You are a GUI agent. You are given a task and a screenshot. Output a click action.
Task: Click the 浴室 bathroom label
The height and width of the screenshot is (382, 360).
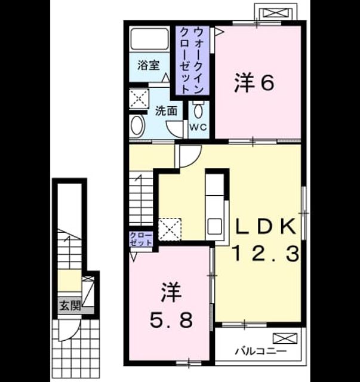[x=149, y=65]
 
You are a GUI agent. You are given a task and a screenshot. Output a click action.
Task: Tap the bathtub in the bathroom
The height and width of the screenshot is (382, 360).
[x=150, y=39]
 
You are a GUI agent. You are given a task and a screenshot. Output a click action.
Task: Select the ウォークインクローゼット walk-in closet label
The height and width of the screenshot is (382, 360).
[x=192, y=60]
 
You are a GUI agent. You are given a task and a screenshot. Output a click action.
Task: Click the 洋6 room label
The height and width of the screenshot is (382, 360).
[x=254, y=84]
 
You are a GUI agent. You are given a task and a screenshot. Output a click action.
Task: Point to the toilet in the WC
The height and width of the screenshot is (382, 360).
[x=198, y=110]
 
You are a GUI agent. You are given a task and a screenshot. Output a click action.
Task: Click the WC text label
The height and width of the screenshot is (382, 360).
[x=198, y=127]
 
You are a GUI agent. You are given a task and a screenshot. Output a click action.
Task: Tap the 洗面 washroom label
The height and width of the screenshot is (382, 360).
[x=166, y=111]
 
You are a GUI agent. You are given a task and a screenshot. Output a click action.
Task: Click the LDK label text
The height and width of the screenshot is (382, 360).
[x=266, y=226]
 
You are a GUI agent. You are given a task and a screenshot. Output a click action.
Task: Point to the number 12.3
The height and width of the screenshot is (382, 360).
[x=266, y=253]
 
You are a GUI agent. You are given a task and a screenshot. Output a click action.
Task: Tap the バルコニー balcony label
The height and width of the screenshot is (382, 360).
[x=260, y=352]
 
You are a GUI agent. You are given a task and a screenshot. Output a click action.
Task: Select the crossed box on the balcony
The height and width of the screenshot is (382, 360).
[x=285, y=338]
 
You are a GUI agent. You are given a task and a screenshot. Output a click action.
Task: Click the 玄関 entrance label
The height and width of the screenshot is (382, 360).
[x=70, y=305]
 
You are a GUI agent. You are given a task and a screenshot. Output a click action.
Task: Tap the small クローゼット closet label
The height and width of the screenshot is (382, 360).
[x=141, y=239]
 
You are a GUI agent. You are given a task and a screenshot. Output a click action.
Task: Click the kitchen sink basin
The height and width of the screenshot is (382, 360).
[x=214, y=226]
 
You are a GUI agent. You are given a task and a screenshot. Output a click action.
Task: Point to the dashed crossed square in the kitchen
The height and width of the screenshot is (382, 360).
[x=170, y=229]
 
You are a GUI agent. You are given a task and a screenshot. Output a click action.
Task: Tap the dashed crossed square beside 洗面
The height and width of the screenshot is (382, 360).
[x=139, y=98]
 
